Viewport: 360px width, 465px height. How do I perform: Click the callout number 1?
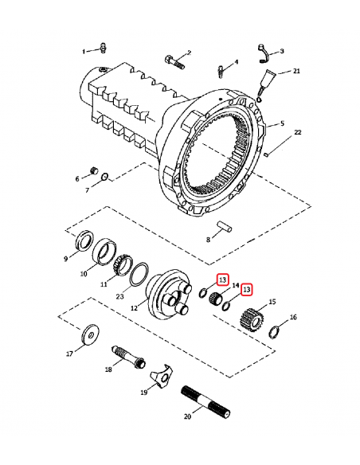click(x=84, y=52)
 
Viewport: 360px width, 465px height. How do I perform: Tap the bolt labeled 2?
click(x=174, y=62)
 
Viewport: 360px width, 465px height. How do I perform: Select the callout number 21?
click(x=296, y=71)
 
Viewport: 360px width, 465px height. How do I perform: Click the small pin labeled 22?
click(x=266, y=154)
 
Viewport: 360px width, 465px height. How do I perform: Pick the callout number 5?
click(x=282, y=123)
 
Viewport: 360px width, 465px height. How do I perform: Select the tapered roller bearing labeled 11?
click(x=122, y=265)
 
